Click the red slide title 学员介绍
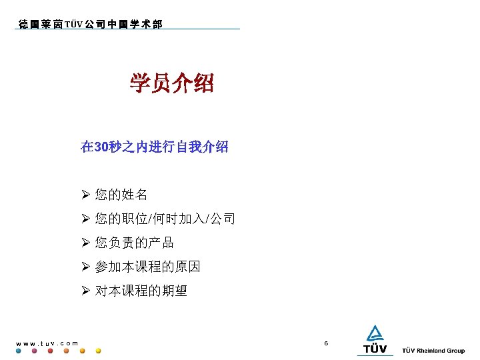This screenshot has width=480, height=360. (x=172, y=84)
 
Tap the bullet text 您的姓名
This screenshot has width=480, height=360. (x=121, y=195)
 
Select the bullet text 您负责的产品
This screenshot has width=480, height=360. (x=135, y=243)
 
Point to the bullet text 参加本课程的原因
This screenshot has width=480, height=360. (x=148, y=267)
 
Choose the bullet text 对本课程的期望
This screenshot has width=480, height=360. (x=141, y=291)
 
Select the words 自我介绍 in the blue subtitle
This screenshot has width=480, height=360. (x=202, y=147)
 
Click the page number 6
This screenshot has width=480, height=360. (x=326, y=343)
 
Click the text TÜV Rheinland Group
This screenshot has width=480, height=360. (x=433, y=351)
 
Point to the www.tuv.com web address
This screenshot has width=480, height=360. (x=47, y=343)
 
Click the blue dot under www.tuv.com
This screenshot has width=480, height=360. (x=18, y=351)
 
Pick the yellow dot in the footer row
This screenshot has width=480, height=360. (x=99, y=351)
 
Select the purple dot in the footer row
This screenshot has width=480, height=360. (x=34, y=351)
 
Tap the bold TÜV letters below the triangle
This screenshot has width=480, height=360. (x=375, y=349)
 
